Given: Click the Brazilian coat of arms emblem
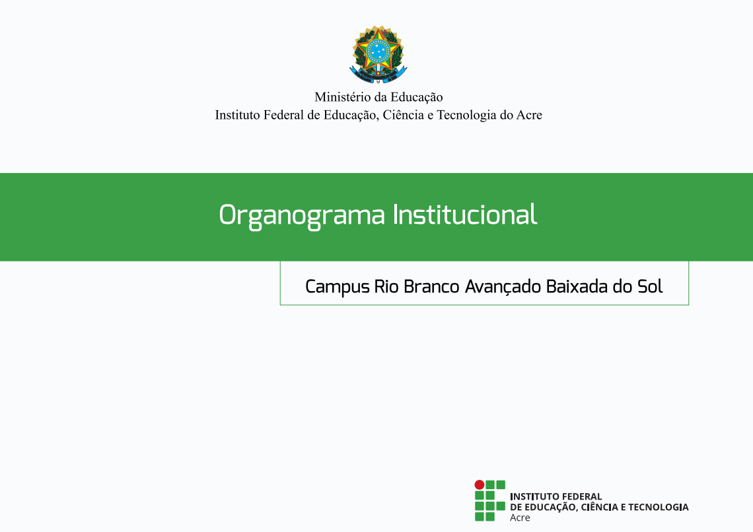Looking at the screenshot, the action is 378,55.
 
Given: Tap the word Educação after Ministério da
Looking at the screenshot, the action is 416,98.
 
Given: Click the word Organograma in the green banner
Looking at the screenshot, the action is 302,215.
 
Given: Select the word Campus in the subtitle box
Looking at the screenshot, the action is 338,287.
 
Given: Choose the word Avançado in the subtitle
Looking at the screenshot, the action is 503,287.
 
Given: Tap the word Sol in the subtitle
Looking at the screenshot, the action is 650,286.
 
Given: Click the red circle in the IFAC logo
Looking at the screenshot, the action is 480,484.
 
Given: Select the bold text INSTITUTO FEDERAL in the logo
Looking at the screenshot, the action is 556,496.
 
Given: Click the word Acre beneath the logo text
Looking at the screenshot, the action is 520,517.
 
